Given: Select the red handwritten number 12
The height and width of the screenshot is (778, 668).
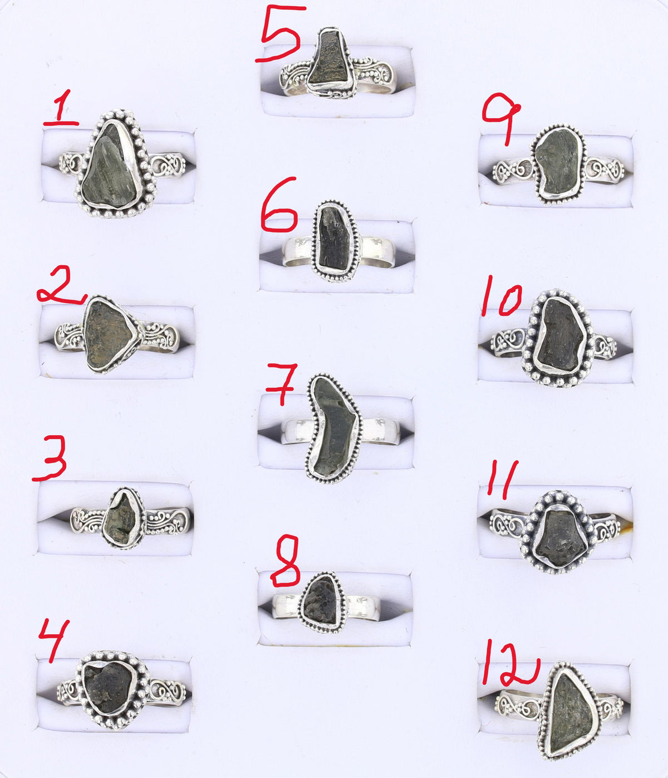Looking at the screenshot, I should (509, 663).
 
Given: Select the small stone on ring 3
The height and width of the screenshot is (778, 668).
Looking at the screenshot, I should (122, 518).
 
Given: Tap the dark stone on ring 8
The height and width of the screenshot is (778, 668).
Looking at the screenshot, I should (321, 601).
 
